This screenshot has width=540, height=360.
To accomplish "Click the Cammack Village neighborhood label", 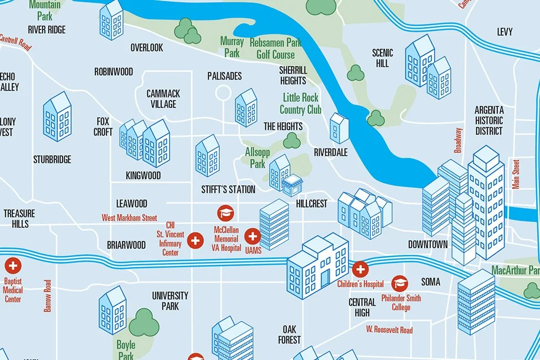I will click(163, 99).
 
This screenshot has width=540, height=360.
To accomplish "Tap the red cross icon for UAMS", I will click(253, 237).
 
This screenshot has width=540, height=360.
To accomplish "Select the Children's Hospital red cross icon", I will click(360, 270).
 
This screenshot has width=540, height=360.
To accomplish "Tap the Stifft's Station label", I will click(228, 189).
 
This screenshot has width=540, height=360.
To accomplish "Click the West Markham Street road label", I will click(129, 218).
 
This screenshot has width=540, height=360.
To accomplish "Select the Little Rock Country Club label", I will click(300, 104).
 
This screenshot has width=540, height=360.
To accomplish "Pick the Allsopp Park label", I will click(258, 157).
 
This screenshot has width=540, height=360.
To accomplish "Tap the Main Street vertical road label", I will click(516, 175).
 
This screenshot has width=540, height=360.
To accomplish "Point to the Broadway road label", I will click(458, 140).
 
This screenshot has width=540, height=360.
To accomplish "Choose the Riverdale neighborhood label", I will click(331, 152).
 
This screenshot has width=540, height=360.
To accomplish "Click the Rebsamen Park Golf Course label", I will click(275, 48).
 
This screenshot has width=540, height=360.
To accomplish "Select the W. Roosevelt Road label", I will click(389, 330).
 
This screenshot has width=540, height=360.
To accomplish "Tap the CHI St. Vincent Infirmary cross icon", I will click(195, 240).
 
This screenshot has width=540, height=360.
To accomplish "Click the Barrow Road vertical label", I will click(48, 296).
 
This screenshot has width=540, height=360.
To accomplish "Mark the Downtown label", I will click(428, 244).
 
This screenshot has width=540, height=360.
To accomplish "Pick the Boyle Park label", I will click(126, 350).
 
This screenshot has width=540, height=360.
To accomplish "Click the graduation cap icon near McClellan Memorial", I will click(225, 213).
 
